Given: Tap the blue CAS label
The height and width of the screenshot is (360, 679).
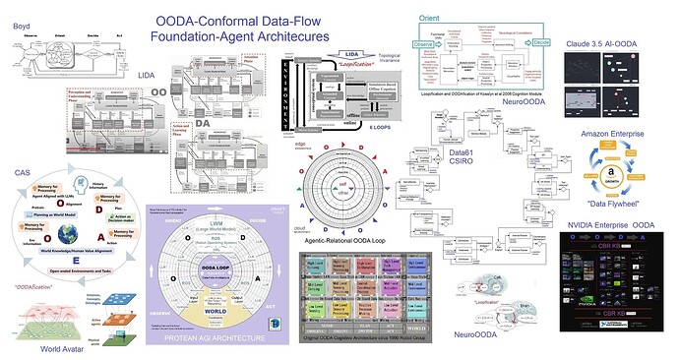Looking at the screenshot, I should (23, 173).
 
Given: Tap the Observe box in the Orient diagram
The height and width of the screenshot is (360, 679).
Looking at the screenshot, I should (424, 43).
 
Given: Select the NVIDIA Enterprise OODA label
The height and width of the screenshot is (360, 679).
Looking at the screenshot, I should (612, 226).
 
